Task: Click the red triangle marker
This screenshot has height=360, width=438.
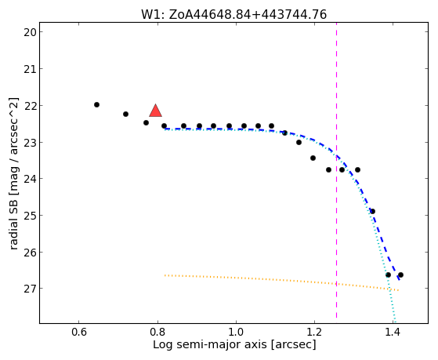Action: [156, 111]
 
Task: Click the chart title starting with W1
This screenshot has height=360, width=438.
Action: [233, 15]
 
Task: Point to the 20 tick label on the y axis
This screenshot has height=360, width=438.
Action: [30, 32]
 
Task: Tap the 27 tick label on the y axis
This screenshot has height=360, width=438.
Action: [30, 289]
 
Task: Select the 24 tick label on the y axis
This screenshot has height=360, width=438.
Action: [30, 179]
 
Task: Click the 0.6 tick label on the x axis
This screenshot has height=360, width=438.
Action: [79, 333]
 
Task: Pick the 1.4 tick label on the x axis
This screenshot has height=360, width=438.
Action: [393, 333]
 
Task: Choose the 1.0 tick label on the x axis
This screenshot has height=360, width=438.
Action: [236, 333]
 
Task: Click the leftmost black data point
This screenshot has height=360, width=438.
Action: [96, 104]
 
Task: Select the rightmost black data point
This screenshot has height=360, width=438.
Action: [400, 275]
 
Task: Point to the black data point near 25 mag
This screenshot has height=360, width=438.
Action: [372, 211]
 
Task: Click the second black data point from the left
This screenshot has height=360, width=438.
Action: [125, 115]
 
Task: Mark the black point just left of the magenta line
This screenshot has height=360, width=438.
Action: [328, 169]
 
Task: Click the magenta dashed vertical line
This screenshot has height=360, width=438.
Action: [336, 170]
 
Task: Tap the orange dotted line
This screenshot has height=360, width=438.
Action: [281, 281]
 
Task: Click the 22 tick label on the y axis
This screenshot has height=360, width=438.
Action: [30, 106]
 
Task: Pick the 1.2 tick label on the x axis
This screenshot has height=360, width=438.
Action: [314, 333]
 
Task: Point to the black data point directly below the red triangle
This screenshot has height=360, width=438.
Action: [164, 125]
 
